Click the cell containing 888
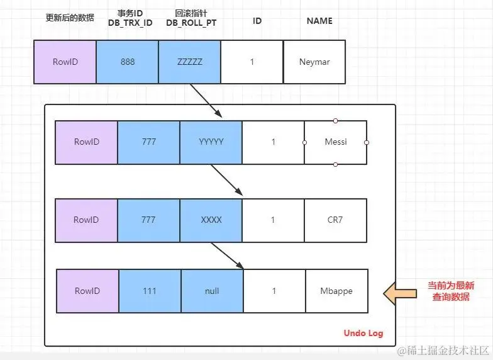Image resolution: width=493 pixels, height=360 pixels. pyautogui.click(x=127, y=62)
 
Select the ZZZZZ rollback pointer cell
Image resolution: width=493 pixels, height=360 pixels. pyautogui.click(x=189, y=62)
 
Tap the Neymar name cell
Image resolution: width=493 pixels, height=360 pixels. pyautogui.click(x=314, y=62)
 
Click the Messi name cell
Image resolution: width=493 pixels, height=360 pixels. pyautogui.click(x=336, y=142)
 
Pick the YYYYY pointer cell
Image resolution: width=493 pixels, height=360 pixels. pyautogui.click(x=211, y=142)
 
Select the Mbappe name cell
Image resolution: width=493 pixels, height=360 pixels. pyautogui.click(x=336, y=291)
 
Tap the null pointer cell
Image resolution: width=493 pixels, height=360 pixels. pyautogui.click(x=213, y=291)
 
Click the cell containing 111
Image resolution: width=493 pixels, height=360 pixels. pyautogui.click(x=150, y=291)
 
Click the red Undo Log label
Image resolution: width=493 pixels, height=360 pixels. pyautogui.click(x=363, y=333)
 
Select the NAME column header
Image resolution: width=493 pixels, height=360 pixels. pyautogui.click(x=319, y=21)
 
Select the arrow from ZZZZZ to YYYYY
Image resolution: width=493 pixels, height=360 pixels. pyautogui.click(x=205, y=100)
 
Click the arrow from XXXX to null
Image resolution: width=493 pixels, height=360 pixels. pyautogui.click(x=227, y=256)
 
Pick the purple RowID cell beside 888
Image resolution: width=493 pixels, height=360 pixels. pyautogui.click(x=65, y=62)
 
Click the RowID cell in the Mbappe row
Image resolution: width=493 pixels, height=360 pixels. pyautogui.click(x=88, y=291)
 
